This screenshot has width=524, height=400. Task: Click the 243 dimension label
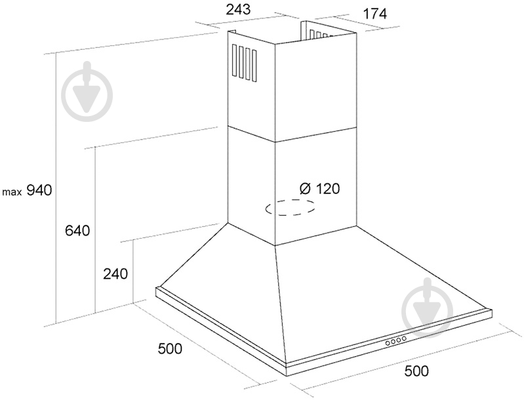tap(238, 10)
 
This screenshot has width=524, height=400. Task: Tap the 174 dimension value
tap(374, 14)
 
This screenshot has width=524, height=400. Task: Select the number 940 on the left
tap(39, 190)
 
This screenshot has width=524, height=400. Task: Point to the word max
tap(12, 193)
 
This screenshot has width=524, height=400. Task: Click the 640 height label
tap(77, 231)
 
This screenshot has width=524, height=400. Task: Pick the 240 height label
tap(115, 274)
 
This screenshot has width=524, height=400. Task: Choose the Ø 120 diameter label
tap(320, 189)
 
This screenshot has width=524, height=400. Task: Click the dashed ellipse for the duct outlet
tap(290, 207)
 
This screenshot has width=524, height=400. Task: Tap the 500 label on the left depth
tap(170, 349)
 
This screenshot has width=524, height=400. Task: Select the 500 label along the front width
tap(416, 371)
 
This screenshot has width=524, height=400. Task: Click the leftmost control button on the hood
tap(388, 342)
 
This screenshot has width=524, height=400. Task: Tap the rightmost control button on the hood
tap(404, 339)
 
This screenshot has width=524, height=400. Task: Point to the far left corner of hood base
tap(156, 288)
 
